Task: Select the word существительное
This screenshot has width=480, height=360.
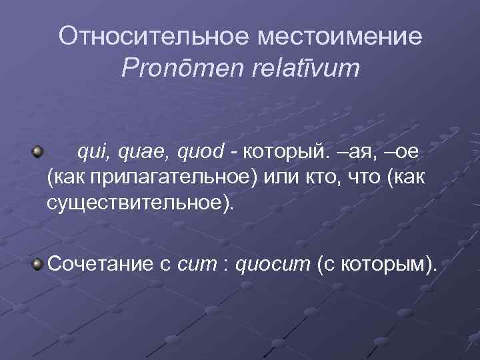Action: [137, 201]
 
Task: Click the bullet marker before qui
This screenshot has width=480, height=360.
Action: [39, 152]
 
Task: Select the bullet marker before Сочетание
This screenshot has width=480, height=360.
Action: [39, 265]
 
